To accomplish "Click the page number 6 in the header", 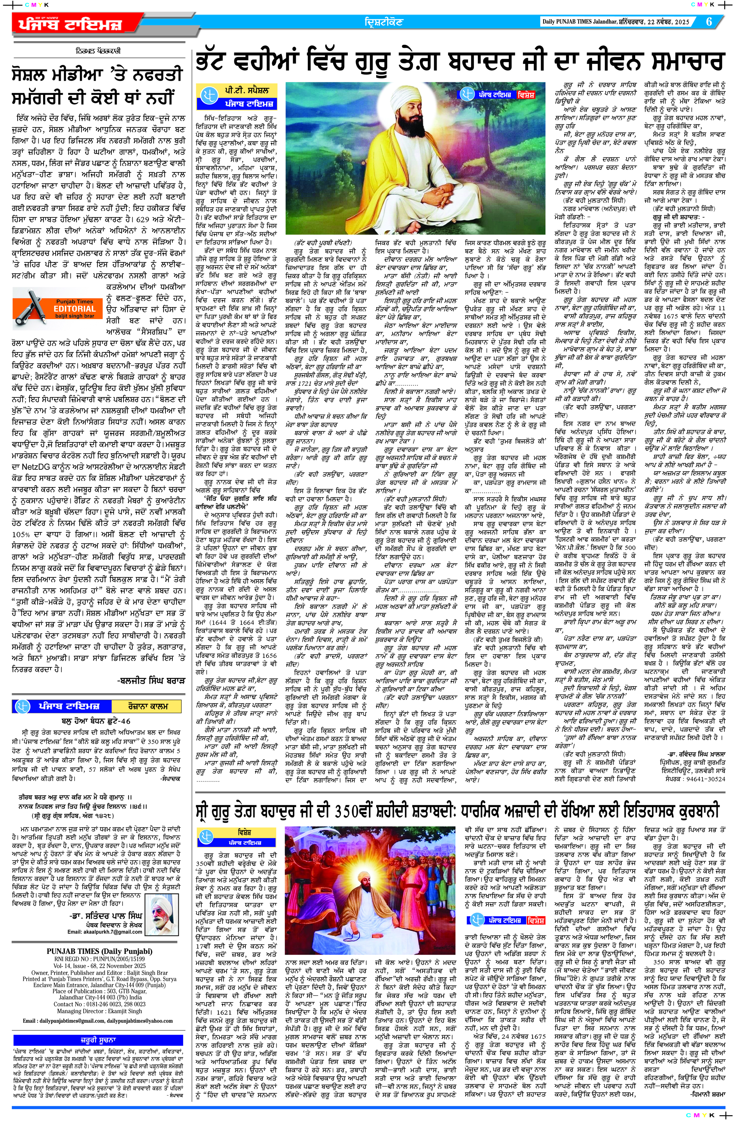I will coord(709,22).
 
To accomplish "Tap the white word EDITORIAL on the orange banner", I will coord(75,309).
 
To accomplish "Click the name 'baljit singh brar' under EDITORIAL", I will coord(74,316).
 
